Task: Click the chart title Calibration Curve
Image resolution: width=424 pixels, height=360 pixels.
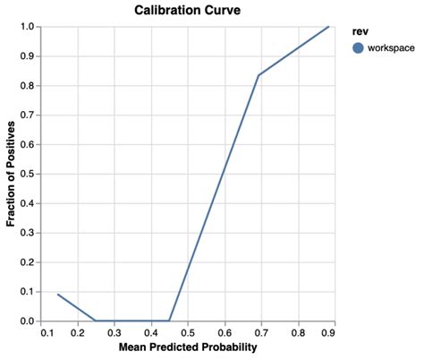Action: [188, 10]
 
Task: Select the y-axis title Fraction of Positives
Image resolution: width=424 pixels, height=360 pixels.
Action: [12, 174]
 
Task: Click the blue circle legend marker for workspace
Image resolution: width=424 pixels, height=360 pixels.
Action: [360, 48]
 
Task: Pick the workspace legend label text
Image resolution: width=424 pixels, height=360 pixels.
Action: [391, 48]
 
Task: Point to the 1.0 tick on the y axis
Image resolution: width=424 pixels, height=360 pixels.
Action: [27, 27]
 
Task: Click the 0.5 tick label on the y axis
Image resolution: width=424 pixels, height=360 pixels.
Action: [27, 174]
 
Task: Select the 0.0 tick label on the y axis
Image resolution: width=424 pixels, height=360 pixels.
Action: [27, 321]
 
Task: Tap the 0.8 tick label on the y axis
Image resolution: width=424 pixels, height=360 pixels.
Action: [27, 86]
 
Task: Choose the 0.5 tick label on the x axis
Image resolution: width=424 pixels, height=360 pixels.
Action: [188, 332]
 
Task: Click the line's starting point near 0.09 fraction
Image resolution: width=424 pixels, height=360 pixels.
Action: [57, 294]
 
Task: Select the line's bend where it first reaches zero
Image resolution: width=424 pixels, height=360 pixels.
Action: [96, 321]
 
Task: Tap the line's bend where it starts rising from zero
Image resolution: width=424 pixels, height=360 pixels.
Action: [169, 321]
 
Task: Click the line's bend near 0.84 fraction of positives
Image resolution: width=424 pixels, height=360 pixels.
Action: [259, 75]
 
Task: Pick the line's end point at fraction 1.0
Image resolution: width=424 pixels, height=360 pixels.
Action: [329, 27]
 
